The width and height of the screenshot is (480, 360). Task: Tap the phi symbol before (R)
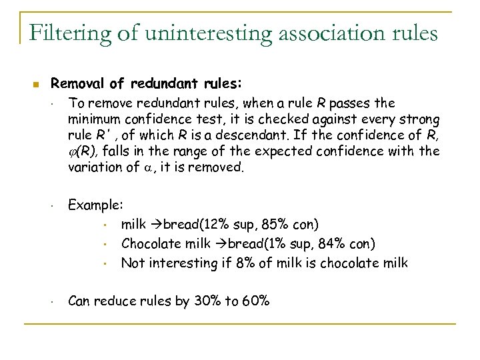(73, 152)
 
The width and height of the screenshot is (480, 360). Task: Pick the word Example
(96, 207)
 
